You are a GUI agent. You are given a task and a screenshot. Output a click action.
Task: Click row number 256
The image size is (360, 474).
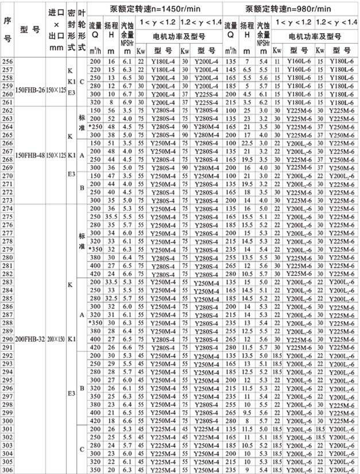(x=7, y=61)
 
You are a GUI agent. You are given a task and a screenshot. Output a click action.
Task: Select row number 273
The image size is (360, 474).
(x=7, y=199)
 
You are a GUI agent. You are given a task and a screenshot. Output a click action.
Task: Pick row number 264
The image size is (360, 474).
(x=7, y=126)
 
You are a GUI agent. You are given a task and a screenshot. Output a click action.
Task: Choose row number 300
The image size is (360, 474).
(x=7, y=421)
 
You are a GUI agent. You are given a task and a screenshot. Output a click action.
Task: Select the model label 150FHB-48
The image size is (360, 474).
(x=29, y=155)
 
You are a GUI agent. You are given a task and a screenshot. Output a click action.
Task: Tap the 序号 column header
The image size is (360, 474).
(x=7, y=29)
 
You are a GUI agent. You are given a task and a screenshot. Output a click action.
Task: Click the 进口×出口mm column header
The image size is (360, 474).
(x=56, y=29)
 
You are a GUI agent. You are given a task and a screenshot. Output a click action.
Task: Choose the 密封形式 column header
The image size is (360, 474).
(x=71, y=29)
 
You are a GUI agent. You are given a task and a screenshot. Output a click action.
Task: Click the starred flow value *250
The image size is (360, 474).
(x=95, y=126)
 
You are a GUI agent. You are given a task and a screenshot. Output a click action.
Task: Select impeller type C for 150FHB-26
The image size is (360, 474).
(x=82, y=81)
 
